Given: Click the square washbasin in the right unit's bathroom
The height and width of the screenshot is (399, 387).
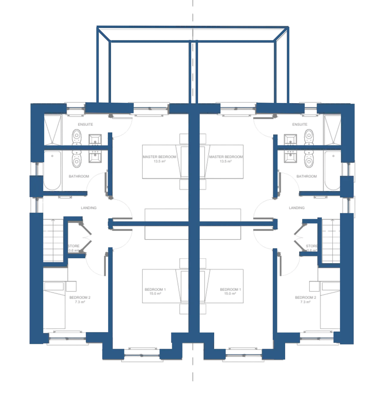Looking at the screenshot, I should pyautogui.click(x=290, y=156).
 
